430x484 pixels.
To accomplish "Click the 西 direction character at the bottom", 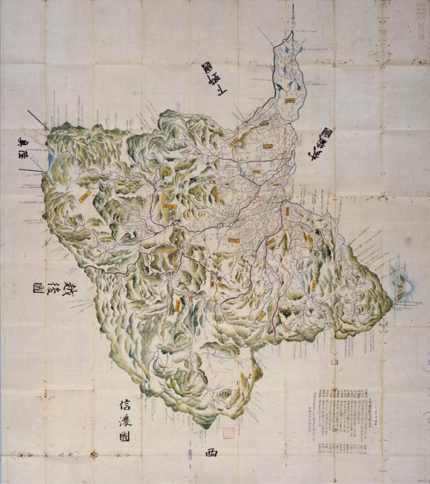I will pyautogui.click(x=210, y=453).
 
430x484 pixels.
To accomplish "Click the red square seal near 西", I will pyautogui.click(x=228, y=433).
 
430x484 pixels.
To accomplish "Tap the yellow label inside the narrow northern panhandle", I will pyautogui.click(x=292, y=101).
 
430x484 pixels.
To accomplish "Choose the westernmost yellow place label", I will pyautogui.click(x=85, y=196).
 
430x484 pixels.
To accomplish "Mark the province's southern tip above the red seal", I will pyautogui.click(x=209, y=427).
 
